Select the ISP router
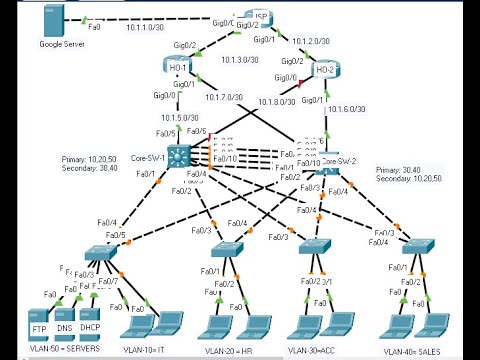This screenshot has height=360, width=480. click(x=260, y=20)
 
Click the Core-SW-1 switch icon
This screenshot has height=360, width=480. click(x=181, y=156)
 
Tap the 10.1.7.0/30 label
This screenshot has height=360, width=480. click(x=225, y=97)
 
